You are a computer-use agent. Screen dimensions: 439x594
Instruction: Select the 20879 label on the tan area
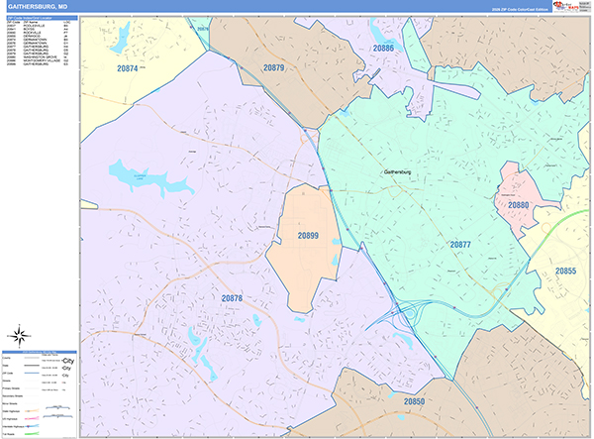274,68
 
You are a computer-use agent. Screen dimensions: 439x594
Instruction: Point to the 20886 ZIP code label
384,48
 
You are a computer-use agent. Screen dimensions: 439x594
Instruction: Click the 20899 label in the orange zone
308,235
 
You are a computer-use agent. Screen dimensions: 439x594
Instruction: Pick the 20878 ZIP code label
232,298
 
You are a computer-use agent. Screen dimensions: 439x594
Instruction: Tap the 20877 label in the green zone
460,244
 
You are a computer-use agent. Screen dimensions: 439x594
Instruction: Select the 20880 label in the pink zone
519,205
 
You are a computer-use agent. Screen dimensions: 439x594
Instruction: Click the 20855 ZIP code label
565,271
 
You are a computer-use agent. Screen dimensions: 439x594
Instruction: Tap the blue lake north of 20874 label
121,38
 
